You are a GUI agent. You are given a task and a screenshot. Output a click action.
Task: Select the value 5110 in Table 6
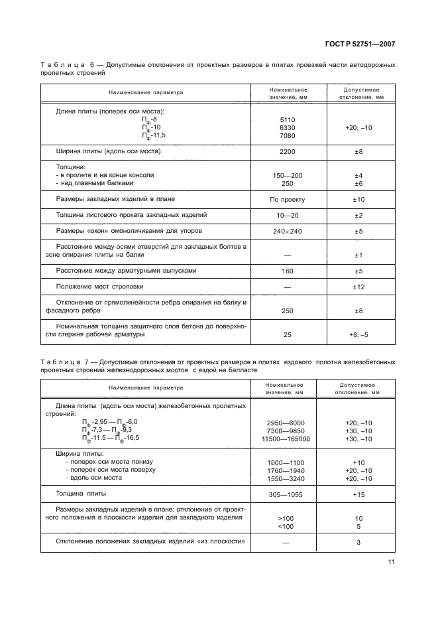288,120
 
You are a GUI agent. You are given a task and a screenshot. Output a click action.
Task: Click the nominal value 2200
288,152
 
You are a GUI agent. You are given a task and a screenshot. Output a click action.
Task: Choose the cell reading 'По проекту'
288,199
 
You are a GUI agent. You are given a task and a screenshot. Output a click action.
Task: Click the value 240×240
288,231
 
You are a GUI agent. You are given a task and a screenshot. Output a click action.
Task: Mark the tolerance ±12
358,287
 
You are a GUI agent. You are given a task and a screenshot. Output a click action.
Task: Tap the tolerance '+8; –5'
358,334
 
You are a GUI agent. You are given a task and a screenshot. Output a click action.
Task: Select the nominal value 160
288,271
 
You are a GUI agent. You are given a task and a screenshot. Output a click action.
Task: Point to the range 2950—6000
284,423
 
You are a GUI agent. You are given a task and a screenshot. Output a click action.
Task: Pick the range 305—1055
284,494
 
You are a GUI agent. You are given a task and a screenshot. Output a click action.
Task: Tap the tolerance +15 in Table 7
358,494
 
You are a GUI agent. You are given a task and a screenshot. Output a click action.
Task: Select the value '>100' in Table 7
284,517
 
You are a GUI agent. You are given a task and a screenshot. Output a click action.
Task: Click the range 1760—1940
284,470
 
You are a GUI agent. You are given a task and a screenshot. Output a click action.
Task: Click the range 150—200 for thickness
288,175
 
